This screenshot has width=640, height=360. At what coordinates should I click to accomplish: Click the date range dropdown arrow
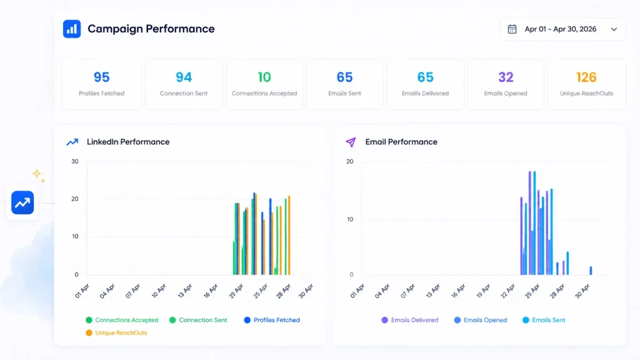pos(614,29)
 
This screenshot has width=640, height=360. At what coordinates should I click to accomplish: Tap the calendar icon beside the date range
pos(512,29)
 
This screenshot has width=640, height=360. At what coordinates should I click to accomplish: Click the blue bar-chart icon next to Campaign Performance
pos(72,29)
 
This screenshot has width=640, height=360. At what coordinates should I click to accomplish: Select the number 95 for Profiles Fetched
pos(102,77)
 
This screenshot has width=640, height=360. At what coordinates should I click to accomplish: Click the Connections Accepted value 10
pos(264,77)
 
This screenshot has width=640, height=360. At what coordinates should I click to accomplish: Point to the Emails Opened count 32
pos(506,77)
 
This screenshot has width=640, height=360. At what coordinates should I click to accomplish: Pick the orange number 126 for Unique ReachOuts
pos(586,77)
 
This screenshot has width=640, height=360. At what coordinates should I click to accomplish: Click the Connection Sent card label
pos(184,94)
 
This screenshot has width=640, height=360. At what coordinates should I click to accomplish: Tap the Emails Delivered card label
pos(425,94)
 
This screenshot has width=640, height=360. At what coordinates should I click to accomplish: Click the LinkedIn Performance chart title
pos(128,142)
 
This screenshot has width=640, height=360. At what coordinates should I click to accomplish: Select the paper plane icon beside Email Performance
pos(351,142)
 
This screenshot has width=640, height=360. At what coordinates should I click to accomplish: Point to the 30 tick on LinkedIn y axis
pos(75,162)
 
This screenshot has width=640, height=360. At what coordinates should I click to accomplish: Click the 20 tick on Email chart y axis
pos(350,162)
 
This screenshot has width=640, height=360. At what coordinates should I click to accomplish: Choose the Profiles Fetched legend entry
pos(272,320)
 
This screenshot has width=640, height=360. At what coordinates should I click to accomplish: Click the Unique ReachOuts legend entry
pos(116,332)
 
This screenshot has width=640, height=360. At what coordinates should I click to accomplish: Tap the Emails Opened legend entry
pos(481,320)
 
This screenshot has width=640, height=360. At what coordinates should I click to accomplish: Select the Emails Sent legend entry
pos(544,320)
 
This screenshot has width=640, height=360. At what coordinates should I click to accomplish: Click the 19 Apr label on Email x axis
pos(484,291)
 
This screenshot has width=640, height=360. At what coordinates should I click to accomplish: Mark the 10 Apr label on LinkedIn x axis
pos(159,291)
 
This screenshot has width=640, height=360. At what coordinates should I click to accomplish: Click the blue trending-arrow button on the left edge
pos(22,203)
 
